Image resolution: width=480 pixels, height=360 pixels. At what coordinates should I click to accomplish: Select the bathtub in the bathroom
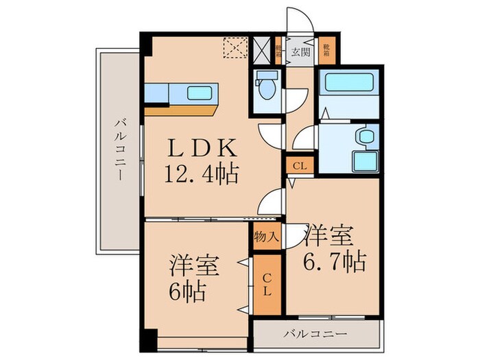click(349, 83)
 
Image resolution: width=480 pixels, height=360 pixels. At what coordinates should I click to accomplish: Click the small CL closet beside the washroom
click(299, 165)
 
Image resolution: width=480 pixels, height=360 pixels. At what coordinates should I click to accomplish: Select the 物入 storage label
click(267, 238)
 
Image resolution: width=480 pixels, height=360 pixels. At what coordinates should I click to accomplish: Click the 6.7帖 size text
click(334, 261)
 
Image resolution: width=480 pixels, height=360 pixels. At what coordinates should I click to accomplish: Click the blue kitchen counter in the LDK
click(182, 92)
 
